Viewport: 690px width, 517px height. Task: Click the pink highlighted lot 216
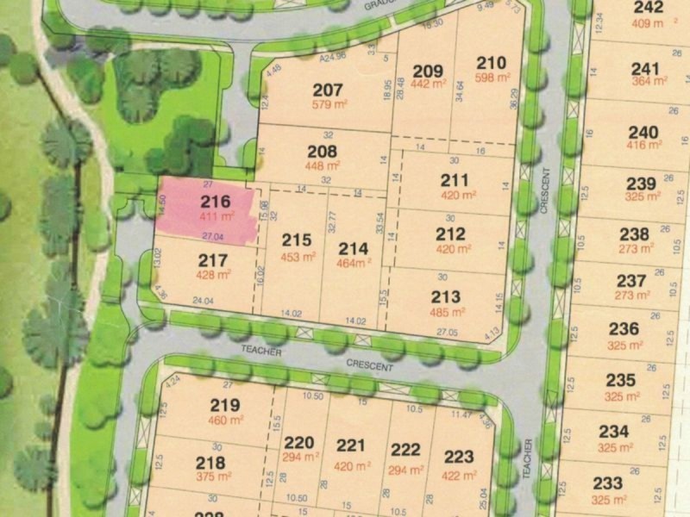click(x=207, y=209)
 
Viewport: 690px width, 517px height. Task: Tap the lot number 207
click(x=328, y=90)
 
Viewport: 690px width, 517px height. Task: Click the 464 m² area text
click(x=352, y=263)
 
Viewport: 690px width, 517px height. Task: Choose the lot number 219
click(x=224, y=405)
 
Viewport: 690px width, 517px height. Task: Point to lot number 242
click(x=648, y=9)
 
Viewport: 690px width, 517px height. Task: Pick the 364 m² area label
click(x=649, y=82)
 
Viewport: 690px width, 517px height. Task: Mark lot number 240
click(x=643, y=133)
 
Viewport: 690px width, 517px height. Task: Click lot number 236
click(x=624, y=328)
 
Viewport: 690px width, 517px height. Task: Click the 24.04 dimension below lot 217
click(x=203, y=301)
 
